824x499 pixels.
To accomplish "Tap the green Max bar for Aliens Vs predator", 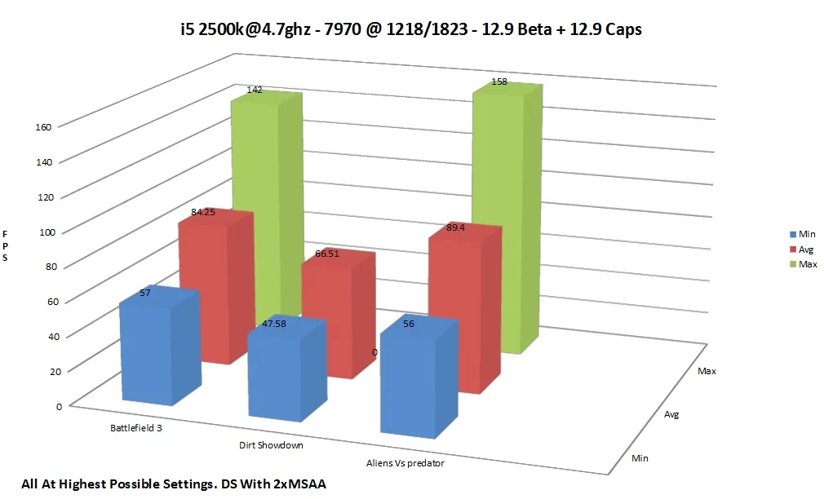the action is pos(507,218).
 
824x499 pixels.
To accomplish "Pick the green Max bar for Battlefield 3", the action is pos(267,205).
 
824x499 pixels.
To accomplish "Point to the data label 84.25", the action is pos(203,212).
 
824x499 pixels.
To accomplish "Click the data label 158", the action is pos(499,82).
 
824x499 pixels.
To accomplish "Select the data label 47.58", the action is pos(274,324).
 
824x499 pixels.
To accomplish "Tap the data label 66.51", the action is pos(327,254).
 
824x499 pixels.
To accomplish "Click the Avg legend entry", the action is pos(801,249).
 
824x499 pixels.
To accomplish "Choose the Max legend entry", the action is pos(803,264).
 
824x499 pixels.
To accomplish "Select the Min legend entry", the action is pos(803,234).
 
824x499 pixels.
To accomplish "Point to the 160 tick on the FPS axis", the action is pos(43,126).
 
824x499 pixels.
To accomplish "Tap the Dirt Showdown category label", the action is pos(271,445).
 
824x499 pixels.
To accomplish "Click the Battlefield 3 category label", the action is pos(136,428).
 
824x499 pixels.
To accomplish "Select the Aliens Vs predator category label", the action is pos(405,463).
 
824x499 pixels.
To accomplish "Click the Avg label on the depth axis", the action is pos(671,414).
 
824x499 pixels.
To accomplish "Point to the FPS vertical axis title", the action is pos(5,245).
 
